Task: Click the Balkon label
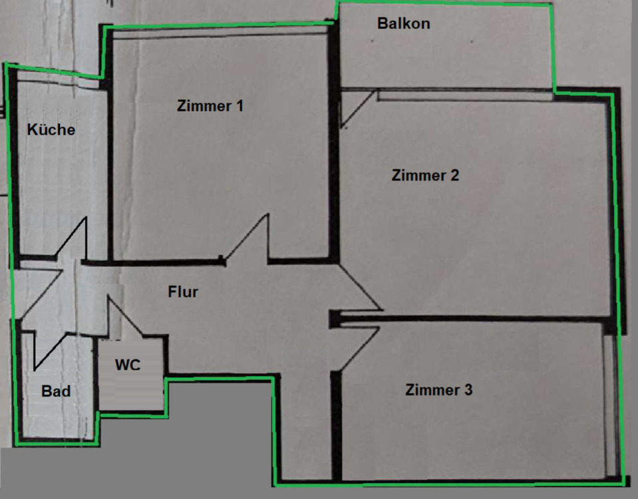[x=403, y=24]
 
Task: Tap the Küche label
[x=51, y=130]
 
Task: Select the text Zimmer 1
[x=210, y=106]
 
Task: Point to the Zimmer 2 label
[x=425, y=176]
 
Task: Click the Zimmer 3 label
[x=438, y=390]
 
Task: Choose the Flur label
[x=183, y=291]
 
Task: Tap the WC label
[x=128, y=365]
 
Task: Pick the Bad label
[x=56, y=391]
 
